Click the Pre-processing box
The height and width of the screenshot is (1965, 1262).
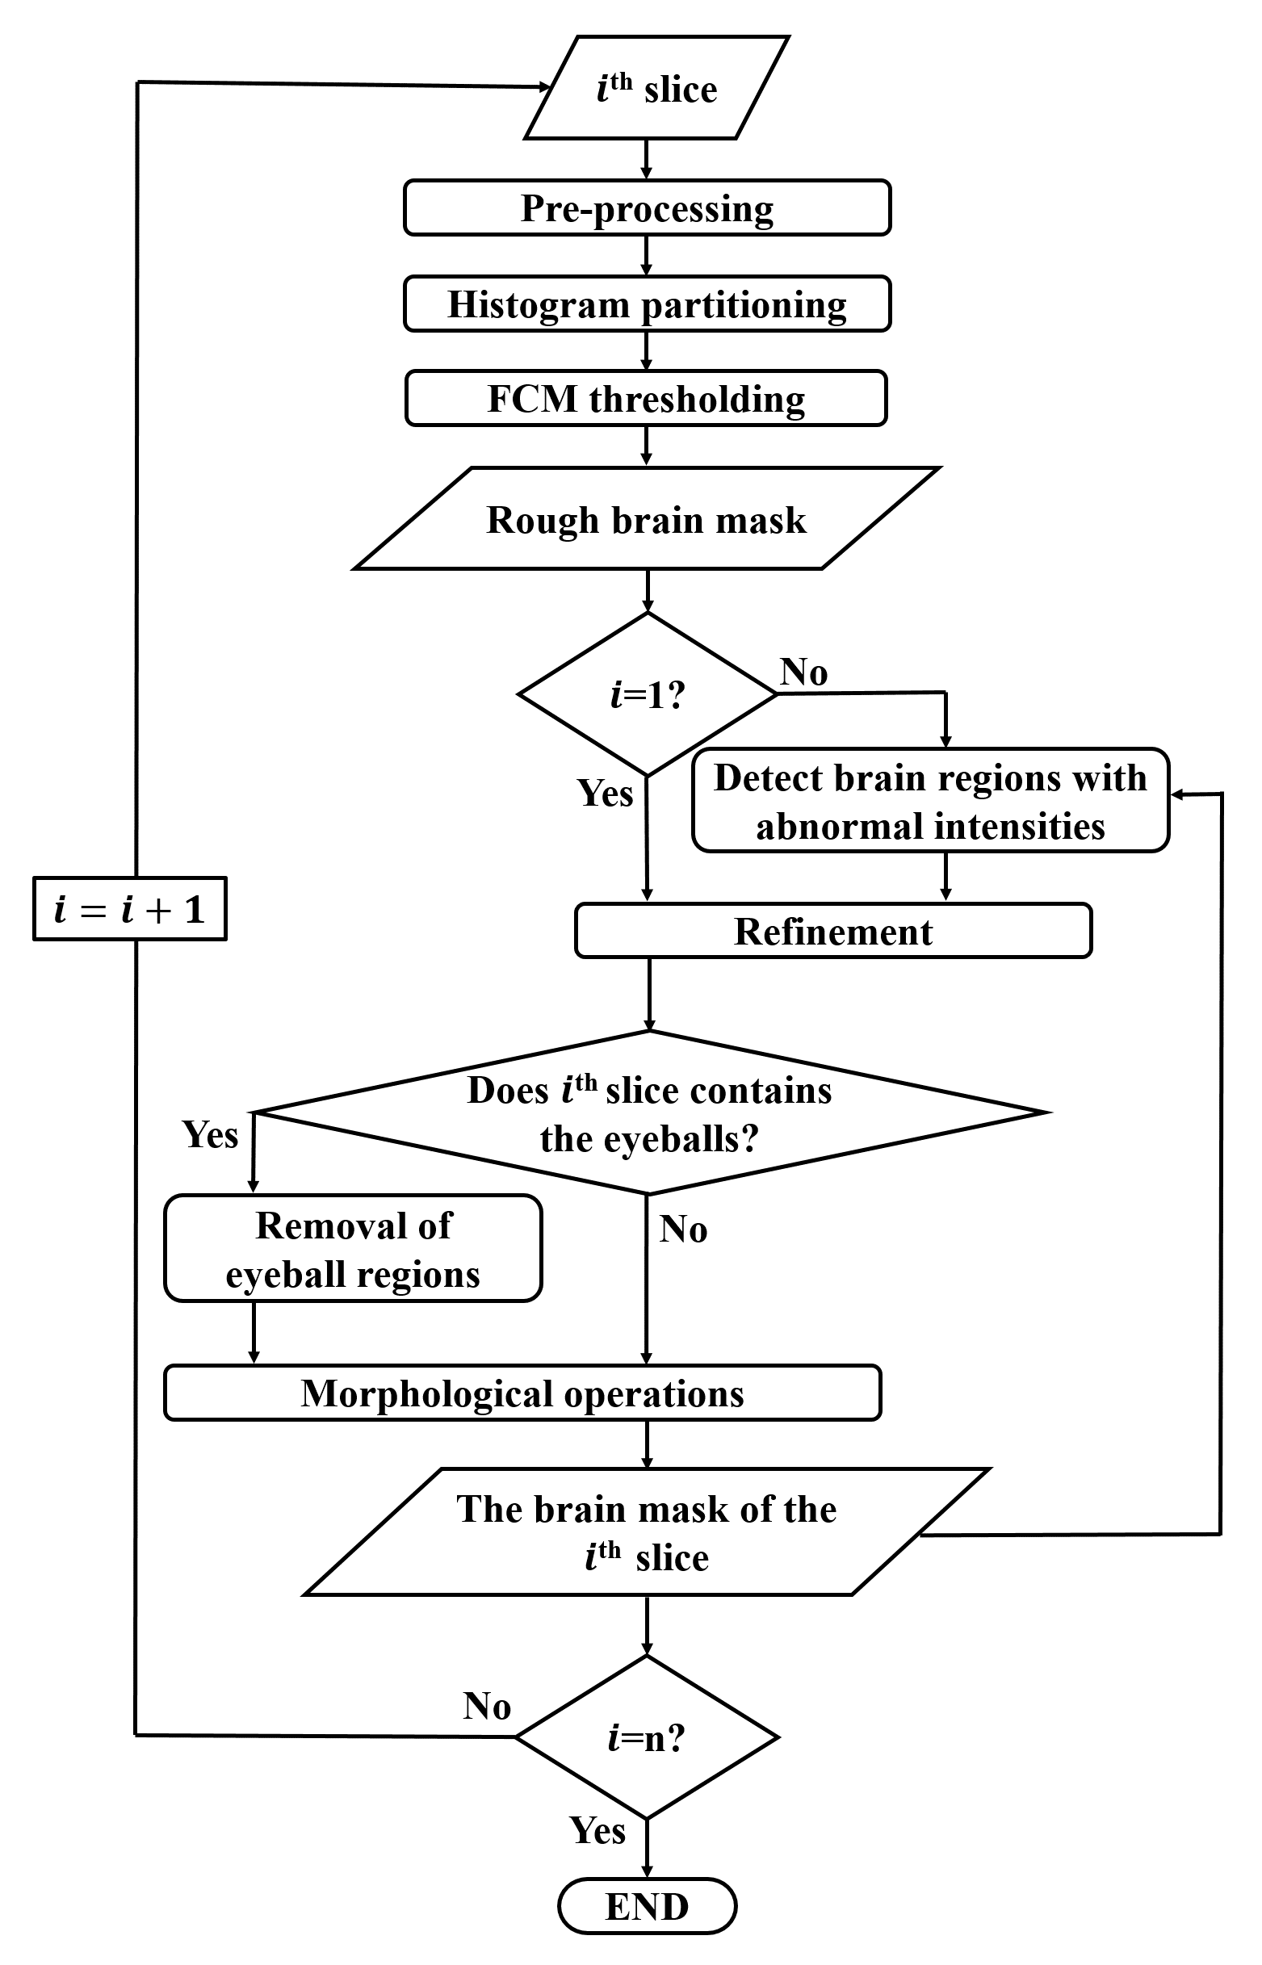[x=647, y=208]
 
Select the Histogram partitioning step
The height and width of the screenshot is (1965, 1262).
[x=647, y=304]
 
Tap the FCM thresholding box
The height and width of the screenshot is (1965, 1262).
[x=646, y=398]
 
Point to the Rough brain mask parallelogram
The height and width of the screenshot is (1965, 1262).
[x=647, y=519]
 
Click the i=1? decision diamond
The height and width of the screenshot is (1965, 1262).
[x=647, y=694]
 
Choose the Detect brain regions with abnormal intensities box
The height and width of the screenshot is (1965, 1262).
[x=930, y=801]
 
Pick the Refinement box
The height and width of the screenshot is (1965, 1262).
[x=832, y=931]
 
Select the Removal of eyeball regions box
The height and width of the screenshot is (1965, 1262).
[x=352, y=1249]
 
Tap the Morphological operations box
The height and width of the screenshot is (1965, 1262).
[x=522, y=1393]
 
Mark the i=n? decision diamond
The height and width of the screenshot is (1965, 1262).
[x=647, y=1737]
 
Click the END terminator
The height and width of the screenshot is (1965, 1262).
[x=647, y=1907]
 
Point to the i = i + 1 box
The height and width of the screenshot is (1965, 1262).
[x=129, y=910]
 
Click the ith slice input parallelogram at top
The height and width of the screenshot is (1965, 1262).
[x=656, y=88]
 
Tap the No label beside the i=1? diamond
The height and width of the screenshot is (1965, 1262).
[x=803, y=672]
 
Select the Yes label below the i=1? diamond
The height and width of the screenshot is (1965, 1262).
[x=605, y=794]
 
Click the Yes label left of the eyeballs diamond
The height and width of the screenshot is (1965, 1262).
[x=210, y=1135]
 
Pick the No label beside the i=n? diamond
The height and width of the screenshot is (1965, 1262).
[x=487, y=1706]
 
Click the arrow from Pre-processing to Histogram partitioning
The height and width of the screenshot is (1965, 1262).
[x=647, y=256]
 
